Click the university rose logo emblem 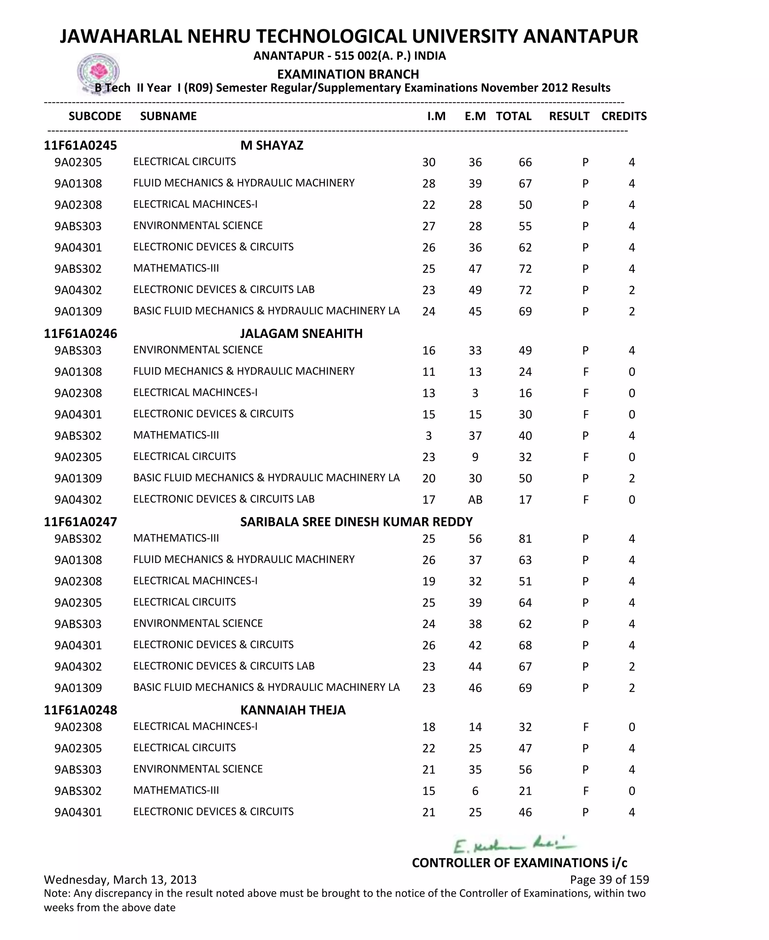tap(98, 72)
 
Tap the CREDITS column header tap(624, 116)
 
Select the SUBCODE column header tap(95, 116)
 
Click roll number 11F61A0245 tap(80, 145)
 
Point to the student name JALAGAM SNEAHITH tap(301, 333)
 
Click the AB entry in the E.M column tap(475, 500)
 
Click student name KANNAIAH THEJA tap(293, 710)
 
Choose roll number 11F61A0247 tap(80, 522)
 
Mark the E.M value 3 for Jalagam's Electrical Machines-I tap(475, 393)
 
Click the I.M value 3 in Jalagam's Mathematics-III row tap(428, 436)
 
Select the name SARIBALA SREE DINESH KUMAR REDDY tap(356, 522)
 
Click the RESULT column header tap(569, 116)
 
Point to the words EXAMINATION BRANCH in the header tap(348, 74)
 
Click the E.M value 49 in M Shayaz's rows tap(475, 290)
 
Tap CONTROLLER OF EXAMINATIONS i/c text tap(519, 863)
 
